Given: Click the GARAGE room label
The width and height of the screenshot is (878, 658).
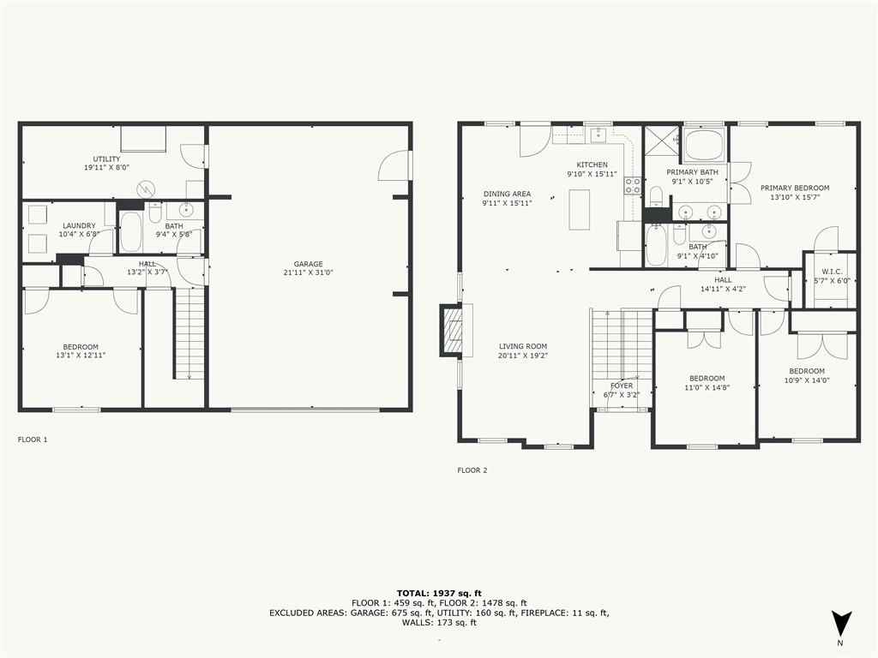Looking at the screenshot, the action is point(309,264).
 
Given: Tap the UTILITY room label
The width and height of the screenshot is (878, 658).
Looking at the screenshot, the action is point(106,159).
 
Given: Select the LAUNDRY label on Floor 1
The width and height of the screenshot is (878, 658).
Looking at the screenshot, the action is point(79,225).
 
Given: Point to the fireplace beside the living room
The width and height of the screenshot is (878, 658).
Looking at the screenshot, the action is point(452,330).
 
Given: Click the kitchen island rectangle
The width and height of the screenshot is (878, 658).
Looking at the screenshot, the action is point(579,210).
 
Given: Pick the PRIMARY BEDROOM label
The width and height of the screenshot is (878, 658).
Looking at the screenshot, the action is point(795,188).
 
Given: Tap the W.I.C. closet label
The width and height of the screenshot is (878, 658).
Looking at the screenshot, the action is point(832,272).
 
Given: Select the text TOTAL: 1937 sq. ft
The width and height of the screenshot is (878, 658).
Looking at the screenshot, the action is point(439,593).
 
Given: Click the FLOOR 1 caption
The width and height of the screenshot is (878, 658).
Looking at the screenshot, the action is point(33,440).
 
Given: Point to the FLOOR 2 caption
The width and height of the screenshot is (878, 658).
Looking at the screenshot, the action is point(472,470).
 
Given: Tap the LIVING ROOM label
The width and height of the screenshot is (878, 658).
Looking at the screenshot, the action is point(523,346).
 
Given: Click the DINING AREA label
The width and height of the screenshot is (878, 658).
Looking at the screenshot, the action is point(507,194).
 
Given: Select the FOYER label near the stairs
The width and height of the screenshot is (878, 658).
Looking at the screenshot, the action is point(622,386).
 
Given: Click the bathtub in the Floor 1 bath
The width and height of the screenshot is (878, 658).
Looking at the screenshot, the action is point(131,231).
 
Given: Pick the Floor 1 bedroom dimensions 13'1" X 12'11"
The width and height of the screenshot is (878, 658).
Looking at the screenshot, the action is point(81,356).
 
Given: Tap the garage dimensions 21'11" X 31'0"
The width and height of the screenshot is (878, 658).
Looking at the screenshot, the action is point(309,272).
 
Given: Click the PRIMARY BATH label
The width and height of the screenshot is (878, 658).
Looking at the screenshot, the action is point(692,172).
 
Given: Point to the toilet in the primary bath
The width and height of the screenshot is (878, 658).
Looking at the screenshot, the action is point(656,197).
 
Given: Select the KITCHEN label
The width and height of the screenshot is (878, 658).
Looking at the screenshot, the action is point(592,165).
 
